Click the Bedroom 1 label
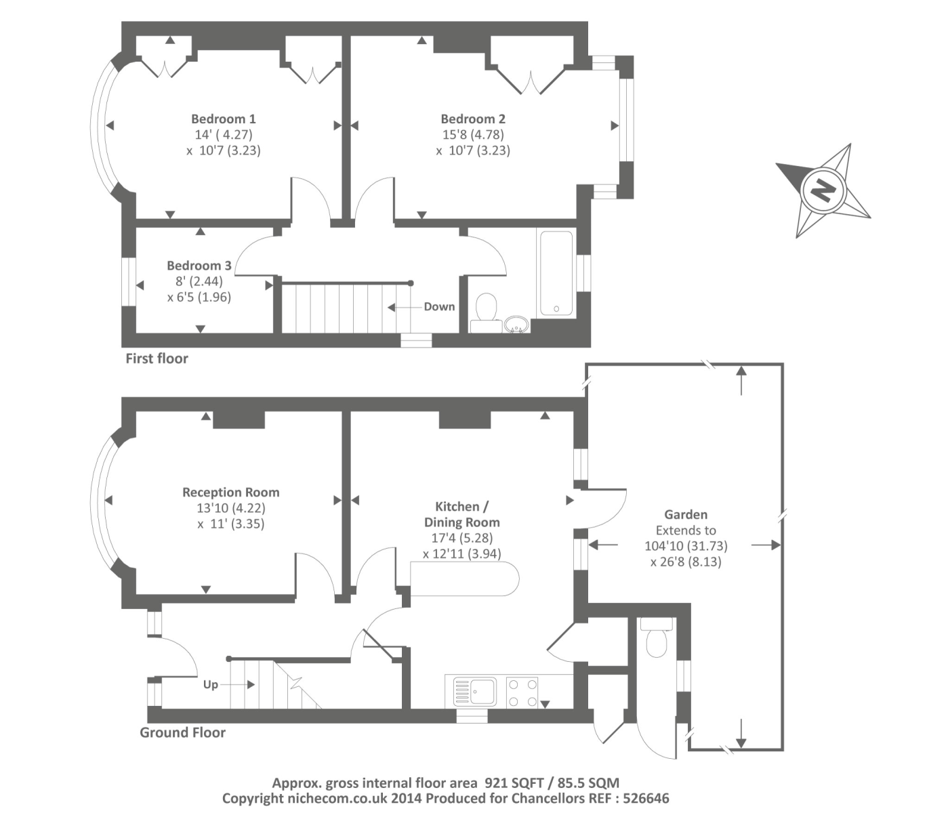click(x=223, y=119)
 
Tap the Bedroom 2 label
click(x=472, y=119)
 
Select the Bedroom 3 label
click(x=199, y=266)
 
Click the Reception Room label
click(x=230, y=493)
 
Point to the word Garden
click(x=685, y=515)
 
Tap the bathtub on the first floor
click(x=556, y=274)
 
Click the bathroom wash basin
click(x=516, y=325)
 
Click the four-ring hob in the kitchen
click(x=522, y=692)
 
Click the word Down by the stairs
click(x=439, y=307)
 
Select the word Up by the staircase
click(x=211, y=684)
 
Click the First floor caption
click(x=157, y=358)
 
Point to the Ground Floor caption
click(x=182, y=732)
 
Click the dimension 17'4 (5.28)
click(x=461, y=538)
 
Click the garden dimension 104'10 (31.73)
click(x=686, y=546)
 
